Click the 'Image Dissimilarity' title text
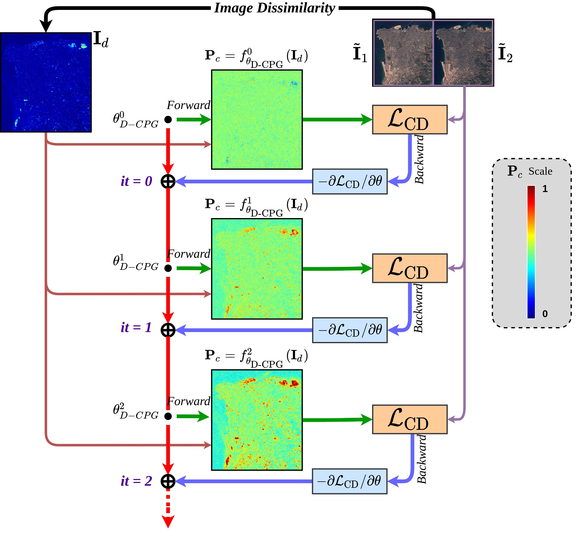pyautogui.click(x=274, y=8)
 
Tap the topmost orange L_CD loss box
pyautogui.click(x=409, y=119)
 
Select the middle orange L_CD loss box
pyautogui.click(x=409, y=268)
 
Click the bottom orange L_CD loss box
pyautogui.click(x=409, y=419)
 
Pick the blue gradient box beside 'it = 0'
pyautogui.click(x=350, y=181)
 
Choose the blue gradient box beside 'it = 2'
pyautogui.click(x=349, y=481)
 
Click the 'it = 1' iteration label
pyautogui.click(x=136, y=328)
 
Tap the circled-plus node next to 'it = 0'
pyautogui.click(x=168, y=181)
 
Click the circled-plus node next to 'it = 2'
pyautogui.click(x=168, y=481)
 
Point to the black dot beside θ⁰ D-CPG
pyautogui.click(x=168, y=119)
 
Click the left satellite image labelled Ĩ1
pyautogui.click(x=403, y=53)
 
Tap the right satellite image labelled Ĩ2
pyautogui.click(x=463, y=53)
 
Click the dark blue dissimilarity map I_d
pyautogui.click(x=46, y=82)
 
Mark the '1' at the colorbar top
pyautogui.click(x=545, y=189)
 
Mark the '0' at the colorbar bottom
pyautogui.click(x=545, y=314)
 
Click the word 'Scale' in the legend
pyautogui.click(x=540, y=171)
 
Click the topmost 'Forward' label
pyautogui.click(x=188, y=105)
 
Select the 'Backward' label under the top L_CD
pyautogui.click(x=419, y=159)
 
